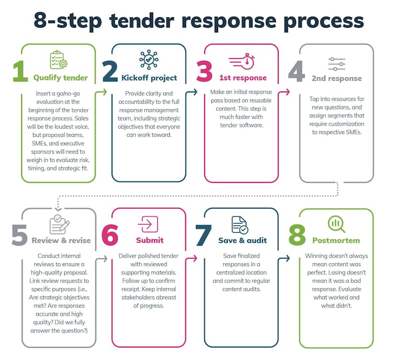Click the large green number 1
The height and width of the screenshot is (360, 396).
click(20, 72)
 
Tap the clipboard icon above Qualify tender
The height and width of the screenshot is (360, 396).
click(58, 60)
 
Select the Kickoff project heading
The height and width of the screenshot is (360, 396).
click(149, 78)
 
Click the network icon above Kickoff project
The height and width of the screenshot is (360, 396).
click(149, 60)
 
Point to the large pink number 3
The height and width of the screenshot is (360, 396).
click(204, 72)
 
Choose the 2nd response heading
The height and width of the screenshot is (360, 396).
click(337, 78)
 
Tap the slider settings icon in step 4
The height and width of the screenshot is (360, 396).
click(337, 64)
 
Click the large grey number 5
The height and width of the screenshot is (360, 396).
click(20, 235)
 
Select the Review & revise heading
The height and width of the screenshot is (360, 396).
click(61, 240)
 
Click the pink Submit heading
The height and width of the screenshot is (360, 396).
click(150, 240)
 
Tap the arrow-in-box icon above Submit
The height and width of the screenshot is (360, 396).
click(148, 224)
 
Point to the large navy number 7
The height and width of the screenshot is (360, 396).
click(204, 235)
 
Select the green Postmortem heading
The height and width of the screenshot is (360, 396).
click(336, 240)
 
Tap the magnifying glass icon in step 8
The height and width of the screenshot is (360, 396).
click(336, 224)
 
